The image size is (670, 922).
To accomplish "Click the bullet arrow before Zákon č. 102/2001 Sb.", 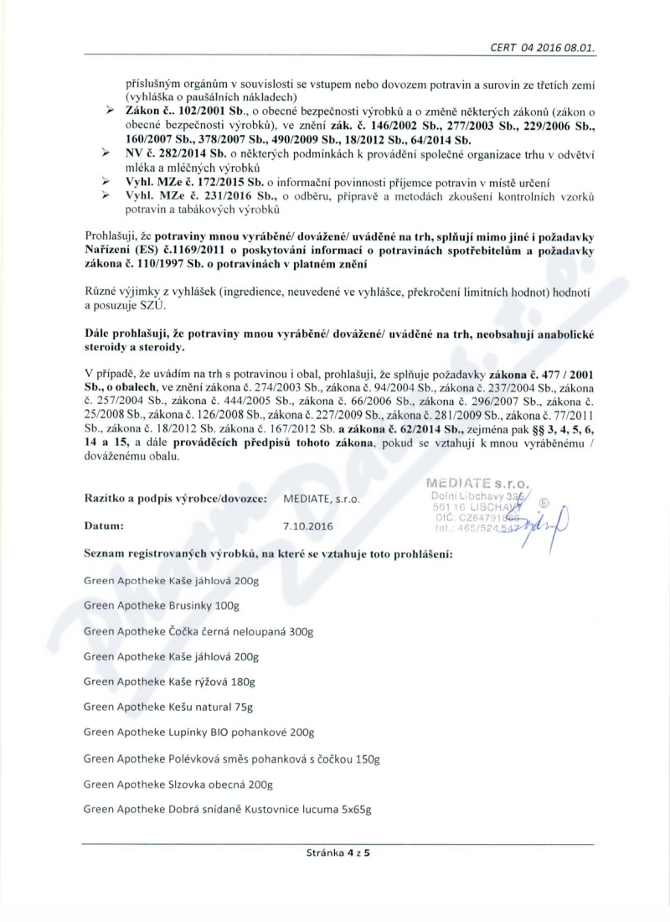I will pos(108,109).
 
